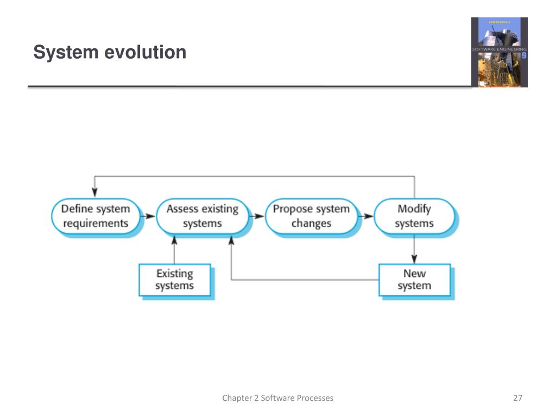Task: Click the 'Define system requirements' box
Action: (x=96, y=216)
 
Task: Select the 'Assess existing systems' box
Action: (x=202, y=216)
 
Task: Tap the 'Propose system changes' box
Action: (x=311, y=216)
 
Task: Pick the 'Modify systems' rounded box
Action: (x=414, y=216)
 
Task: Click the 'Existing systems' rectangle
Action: (x=174, y=280)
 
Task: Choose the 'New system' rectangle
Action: (x=414, y=280)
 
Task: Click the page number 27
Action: (x=517, y=398)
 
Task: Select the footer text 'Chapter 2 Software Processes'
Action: (x=277, y=398)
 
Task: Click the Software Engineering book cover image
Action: (x=499, y=52)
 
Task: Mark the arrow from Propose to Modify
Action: (x=367, y=216)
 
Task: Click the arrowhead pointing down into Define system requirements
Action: (x=96, y=192)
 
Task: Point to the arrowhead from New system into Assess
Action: (x=231, y=242)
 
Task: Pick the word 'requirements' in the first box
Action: (x=96, y=223)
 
